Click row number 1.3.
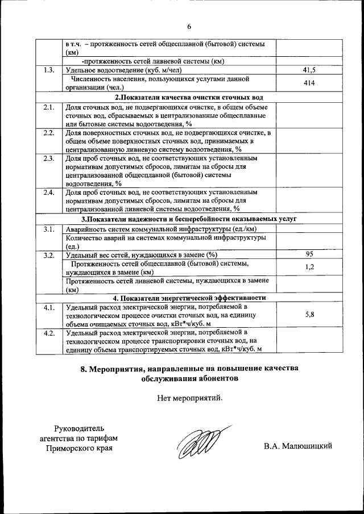(49, 70)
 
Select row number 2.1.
(49, 106)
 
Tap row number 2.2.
(49, 132)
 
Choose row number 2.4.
(49, 193)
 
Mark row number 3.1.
(49, 229)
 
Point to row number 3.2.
(49, 254)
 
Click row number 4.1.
(49, 307)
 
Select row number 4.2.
(49, 332)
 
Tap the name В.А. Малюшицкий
(297, 446)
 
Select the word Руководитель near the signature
(79, 428)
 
